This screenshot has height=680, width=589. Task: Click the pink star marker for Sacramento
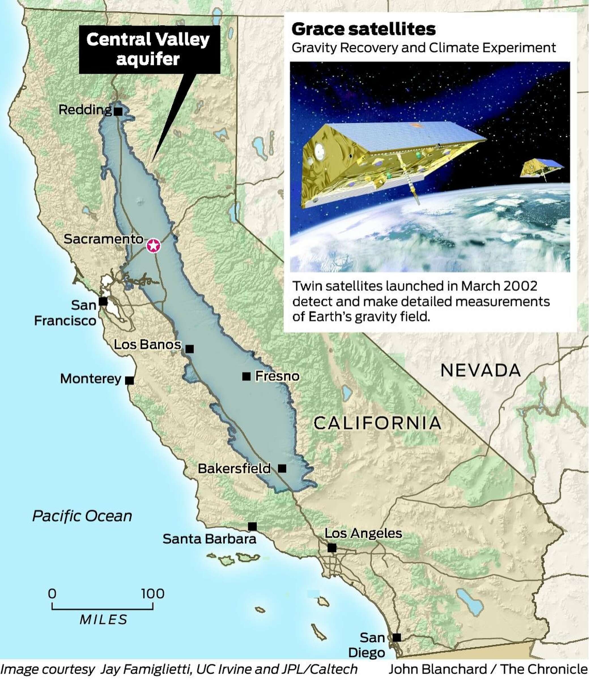[x=153, y=246]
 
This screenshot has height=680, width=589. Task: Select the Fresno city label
[x=277, y=376]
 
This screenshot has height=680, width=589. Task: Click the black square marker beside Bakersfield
[x=282, y=468]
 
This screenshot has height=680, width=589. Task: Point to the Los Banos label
[x=147, y=345]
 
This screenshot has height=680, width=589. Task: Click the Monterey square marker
[x=129, y=381]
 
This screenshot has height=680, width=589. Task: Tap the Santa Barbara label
[x=209, y=539]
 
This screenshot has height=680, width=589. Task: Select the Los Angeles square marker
[x=332, y=548]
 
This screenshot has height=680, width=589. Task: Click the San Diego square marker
[x=397, y=637]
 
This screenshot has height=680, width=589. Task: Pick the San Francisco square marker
[x=103, y=301]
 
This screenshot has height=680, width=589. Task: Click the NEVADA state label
[x=480, y=370]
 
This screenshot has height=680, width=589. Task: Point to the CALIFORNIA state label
[x=377, y=423]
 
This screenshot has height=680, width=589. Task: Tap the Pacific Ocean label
[x=82, y=516]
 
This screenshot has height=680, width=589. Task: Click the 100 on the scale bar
[x=153, y=594]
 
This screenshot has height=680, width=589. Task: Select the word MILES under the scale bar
[x=103, y=620]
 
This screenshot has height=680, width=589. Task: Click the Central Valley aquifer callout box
[x=150, y=49]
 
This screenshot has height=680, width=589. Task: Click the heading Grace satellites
[x=363, y=29]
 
